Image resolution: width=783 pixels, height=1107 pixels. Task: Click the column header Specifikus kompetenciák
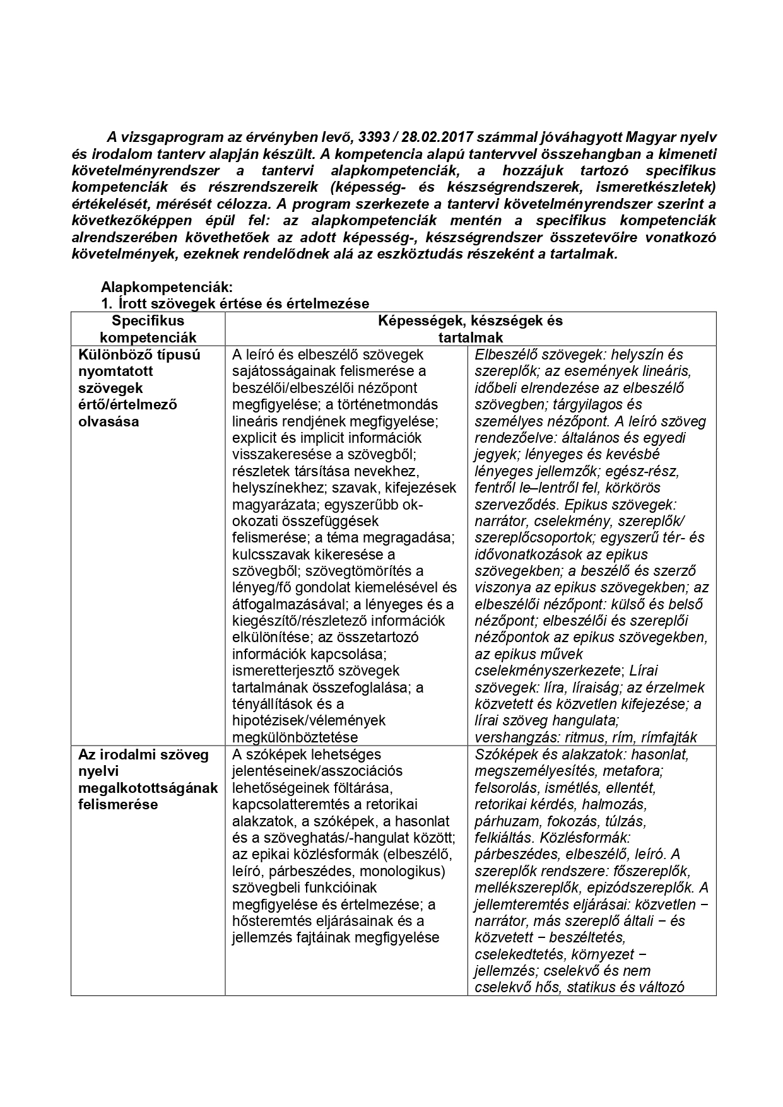[148, 329]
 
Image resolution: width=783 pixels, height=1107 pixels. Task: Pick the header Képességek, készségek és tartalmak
[470, 329]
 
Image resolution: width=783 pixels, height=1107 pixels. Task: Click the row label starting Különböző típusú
[139, 354]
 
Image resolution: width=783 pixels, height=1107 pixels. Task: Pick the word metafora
[633, 771]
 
